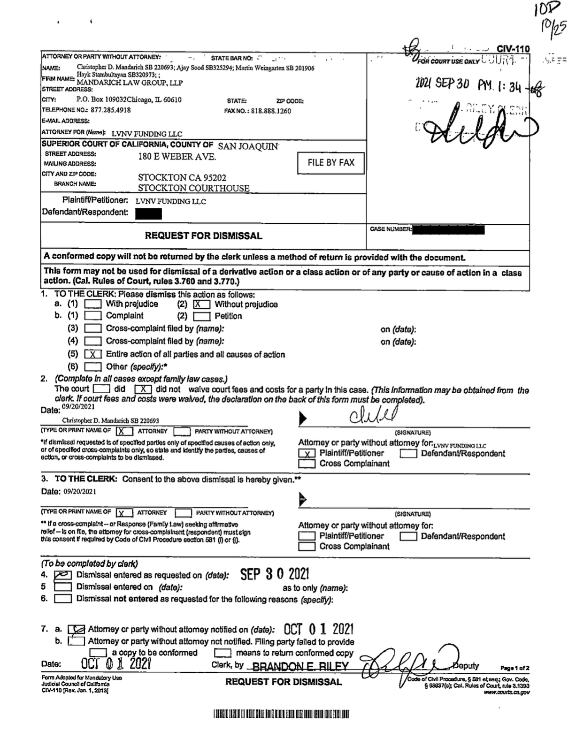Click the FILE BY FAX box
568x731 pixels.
pos(331,163)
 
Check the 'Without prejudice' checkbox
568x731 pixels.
pos(201,305)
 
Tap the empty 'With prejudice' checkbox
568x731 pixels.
pos(92,304)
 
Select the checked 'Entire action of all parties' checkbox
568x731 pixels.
pos(93,354)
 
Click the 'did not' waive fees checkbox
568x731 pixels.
pos(143,389)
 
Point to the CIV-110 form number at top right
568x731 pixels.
pos(513,49)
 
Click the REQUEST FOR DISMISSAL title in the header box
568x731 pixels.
pos(203,236)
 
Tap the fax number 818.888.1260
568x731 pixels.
pos(270,111)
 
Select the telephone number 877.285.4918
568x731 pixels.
pos(110,110)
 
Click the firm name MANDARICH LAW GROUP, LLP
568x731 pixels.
pos(130,83)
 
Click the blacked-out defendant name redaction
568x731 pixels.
pos(148,214)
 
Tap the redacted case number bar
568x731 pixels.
pos(448,230)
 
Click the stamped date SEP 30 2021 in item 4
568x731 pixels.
pos(275,574)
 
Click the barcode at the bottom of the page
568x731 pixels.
pos(281,715)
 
